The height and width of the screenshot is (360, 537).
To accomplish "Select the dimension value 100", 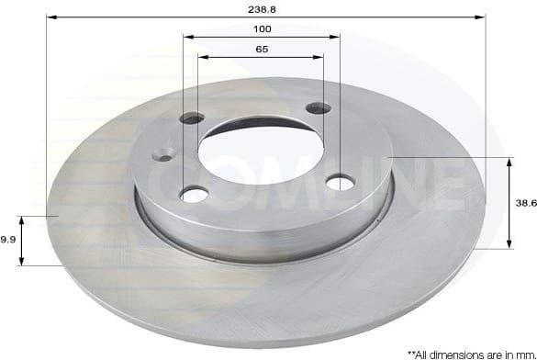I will pos(262,28).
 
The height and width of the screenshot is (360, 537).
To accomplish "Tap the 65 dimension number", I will pos(262,49).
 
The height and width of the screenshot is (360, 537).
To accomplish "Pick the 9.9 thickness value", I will pos(7,239).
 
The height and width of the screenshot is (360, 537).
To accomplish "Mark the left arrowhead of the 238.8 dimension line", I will pos(50,17).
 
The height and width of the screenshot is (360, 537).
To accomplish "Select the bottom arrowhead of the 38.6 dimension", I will pos(509,247).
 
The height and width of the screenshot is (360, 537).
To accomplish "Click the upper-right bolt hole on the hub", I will pos(318,108).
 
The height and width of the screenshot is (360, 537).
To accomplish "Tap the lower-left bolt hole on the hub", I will pos(194,194).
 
